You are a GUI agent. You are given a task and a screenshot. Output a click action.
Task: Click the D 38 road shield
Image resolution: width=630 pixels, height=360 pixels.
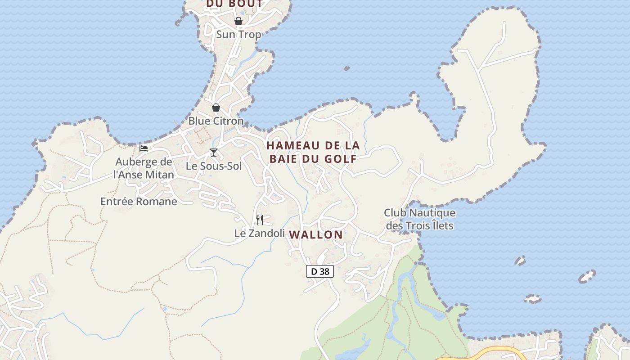(320, 271)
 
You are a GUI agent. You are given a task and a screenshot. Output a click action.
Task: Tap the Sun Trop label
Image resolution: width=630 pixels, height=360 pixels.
(238, 34)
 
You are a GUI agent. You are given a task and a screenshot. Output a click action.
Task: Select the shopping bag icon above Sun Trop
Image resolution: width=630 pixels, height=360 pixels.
(238, 21)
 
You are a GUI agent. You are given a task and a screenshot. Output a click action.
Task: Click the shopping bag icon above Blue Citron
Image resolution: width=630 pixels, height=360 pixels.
(216, 108)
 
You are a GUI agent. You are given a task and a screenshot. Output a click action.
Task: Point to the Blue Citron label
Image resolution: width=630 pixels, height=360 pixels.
(216, 121)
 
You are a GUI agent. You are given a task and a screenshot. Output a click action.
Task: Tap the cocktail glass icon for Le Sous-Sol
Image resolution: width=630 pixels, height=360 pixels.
(214, 153)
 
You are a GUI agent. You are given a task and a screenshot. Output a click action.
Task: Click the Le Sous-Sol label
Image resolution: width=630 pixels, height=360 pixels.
(214, 166)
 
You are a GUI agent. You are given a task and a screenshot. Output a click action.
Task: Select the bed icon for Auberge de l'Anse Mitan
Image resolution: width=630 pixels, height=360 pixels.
(144, 148)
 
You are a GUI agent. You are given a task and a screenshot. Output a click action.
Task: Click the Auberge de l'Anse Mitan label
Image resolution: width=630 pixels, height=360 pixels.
(144, 168)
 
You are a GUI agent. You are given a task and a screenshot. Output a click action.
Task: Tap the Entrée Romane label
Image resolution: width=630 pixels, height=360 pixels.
(139, 201)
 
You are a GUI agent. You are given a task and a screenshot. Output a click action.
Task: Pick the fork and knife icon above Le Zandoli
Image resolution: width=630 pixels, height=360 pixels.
(260, 220)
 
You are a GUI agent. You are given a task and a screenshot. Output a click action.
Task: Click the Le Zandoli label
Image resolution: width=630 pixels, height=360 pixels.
(260, 233)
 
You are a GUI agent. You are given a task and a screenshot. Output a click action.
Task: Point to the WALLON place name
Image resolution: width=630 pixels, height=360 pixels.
(316, 234)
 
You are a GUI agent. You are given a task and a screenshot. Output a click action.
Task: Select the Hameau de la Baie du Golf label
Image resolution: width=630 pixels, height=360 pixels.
(313, 152)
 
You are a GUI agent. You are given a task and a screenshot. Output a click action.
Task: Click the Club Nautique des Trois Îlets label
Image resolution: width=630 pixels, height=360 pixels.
(419, 219)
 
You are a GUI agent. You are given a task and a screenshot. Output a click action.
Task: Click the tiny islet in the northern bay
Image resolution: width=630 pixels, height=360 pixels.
(347, 68)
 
